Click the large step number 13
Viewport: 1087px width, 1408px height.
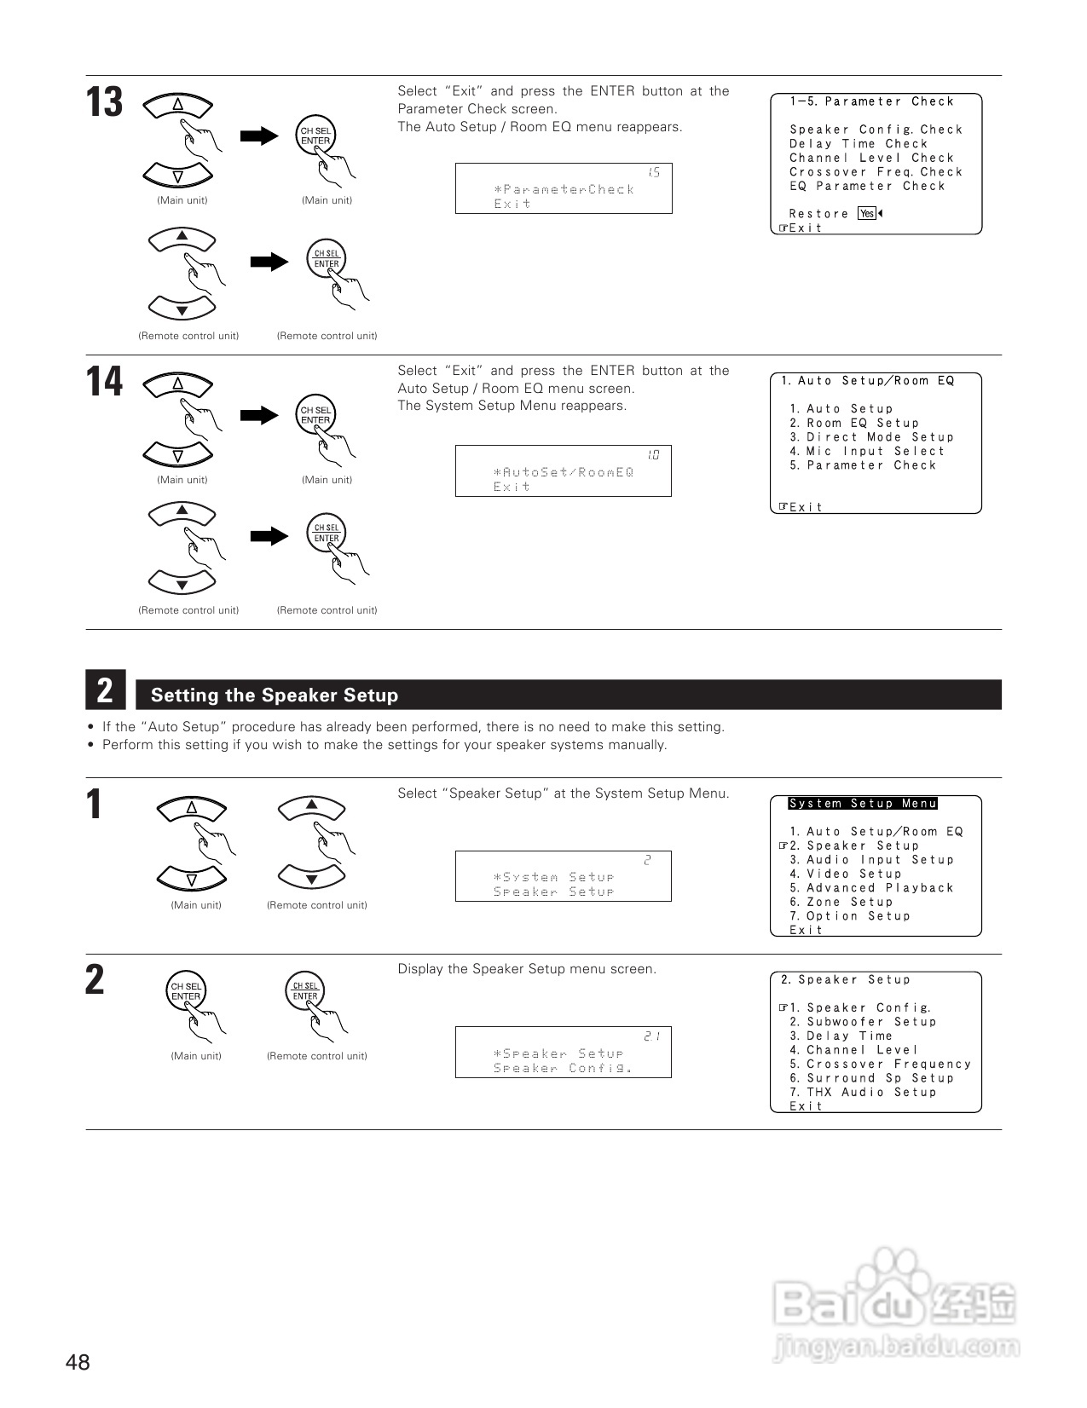tap(104, 103)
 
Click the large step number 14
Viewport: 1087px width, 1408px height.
tap(104, 382)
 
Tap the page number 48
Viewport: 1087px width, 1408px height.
tap(78, 1363)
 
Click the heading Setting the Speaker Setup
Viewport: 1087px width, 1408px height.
tap(274, 695)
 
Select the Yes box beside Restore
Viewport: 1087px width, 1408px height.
tap(867, 214)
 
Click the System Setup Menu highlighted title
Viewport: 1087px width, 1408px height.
tap(863, 804)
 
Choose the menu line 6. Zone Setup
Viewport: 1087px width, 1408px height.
tap(841, 902)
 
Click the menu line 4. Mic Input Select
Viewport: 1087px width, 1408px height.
tap(867, 451)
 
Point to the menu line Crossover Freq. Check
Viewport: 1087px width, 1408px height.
tap(876, 172)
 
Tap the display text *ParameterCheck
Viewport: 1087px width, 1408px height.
tap(564, 189)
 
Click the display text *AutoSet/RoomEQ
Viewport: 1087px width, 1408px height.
tap(564, 472)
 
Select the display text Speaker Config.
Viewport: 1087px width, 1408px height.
tap(564, 1068)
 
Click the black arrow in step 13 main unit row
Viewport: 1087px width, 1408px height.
tap(259, 136)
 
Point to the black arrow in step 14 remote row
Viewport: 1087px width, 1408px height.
tap(269, 536)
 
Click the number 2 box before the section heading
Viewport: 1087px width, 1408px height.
tap(105, 690)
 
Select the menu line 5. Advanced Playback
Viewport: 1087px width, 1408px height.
tap(871, 888)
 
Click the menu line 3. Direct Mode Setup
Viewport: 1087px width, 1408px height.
tap(871, 437)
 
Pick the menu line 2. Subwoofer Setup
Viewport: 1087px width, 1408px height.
tap(862, 1022)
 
